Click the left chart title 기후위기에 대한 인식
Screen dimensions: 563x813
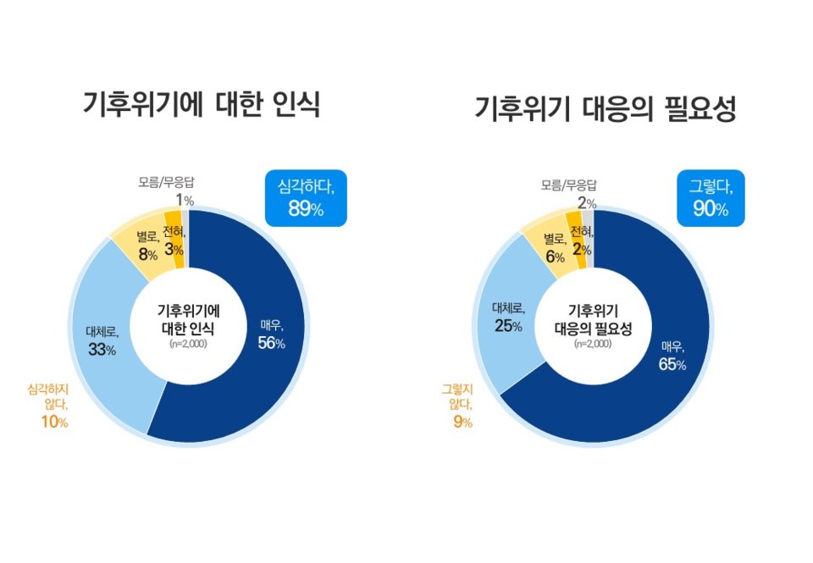[201, 104]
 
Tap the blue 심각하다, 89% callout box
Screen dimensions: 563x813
[306, 198]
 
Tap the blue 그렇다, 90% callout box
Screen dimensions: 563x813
[711, 198]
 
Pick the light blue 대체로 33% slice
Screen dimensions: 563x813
[106, 339]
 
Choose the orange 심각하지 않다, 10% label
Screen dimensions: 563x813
[48, 405]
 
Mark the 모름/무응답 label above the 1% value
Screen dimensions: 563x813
[166, 181]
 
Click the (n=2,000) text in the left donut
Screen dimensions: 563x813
[188, 343]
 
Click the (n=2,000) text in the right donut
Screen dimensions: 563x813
[593, 344]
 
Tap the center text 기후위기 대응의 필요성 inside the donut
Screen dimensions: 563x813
[593, 317]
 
